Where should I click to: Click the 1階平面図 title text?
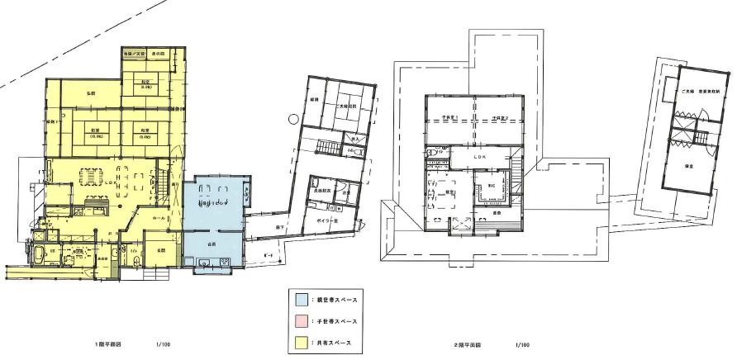coord(109,343)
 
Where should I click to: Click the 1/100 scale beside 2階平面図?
coord(521,343)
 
